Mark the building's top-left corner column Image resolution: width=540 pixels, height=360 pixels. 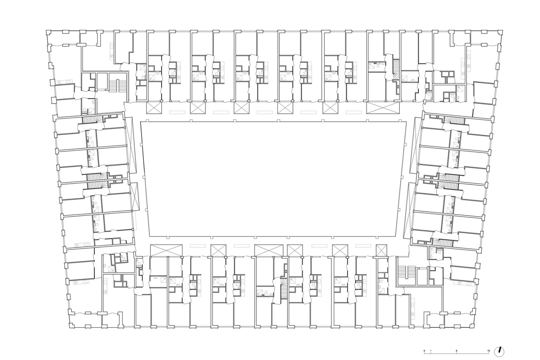48,32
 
